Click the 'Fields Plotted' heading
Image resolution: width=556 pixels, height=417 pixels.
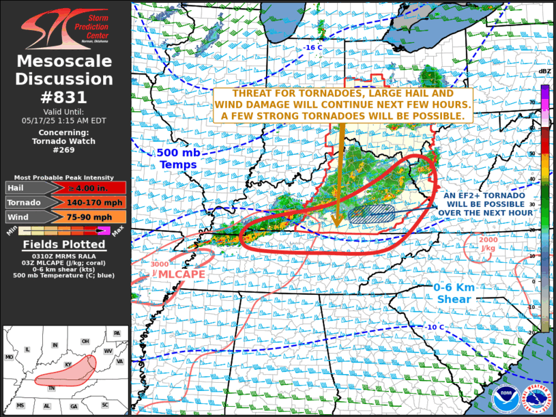(x=64, y=244)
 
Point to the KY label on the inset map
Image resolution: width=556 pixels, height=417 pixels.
(x=68, y=365)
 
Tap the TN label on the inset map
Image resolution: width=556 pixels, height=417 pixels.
(x=51, y=388)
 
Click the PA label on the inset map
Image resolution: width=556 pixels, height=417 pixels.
(x=117, y=333)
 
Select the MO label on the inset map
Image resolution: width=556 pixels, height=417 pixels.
(x=10, y=357)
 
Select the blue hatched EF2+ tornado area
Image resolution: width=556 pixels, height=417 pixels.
(x=372, y=214)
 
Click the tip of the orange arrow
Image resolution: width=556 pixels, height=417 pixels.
(x=336, y=225)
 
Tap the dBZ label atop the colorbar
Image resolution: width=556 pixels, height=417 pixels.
(x=544, y=71)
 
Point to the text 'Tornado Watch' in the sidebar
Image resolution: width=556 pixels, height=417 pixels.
(x=64, y=142)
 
